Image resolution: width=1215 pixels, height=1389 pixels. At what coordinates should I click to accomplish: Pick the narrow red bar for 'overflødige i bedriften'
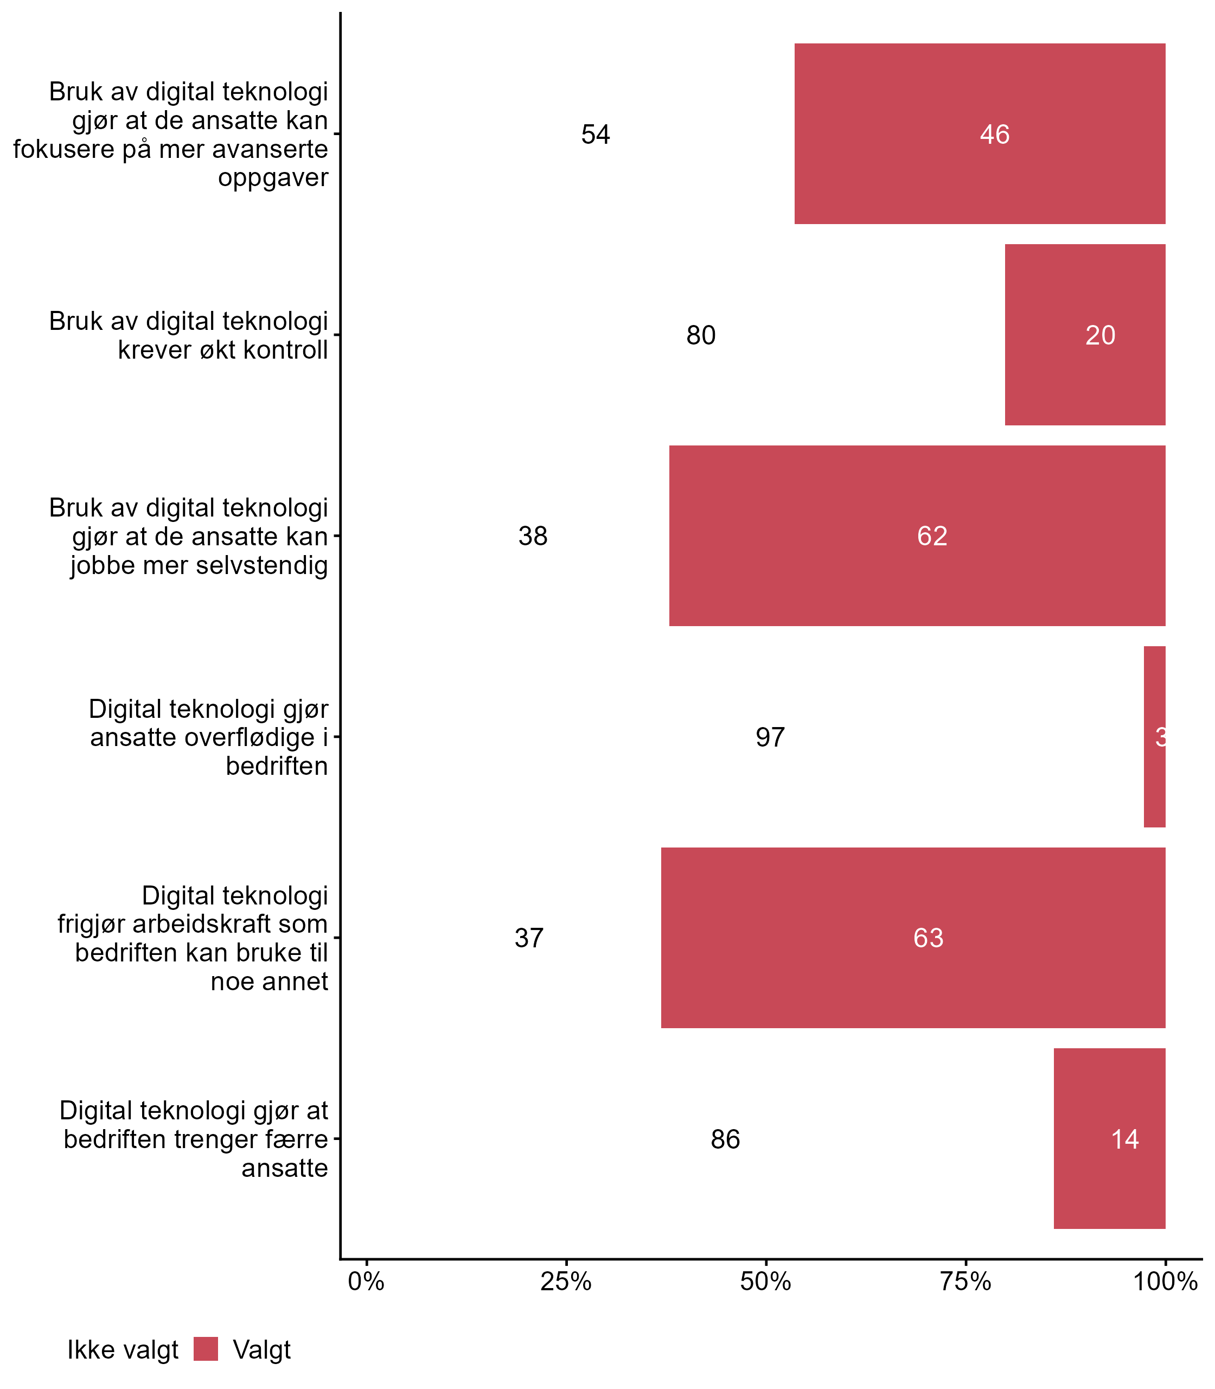[1154, 737]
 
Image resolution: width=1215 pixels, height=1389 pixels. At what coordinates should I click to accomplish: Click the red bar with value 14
[1109, 1139]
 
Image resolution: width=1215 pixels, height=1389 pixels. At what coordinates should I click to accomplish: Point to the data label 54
[596, 135]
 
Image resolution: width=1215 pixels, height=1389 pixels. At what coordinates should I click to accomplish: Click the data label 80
[700, 335]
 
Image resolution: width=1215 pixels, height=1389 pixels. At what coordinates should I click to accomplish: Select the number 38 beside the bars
[532, 536]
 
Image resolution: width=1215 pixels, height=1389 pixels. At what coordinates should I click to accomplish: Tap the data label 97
[770, 737]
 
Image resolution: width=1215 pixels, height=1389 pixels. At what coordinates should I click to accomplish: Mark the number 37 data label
[528, 938]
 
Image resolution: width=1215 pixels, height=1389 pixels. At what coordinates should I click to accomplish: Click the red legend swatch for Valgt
[206, 1349]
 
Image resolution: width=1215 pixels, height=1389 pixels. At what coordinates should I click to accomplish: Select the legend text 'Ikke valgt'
[122, 1350]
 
